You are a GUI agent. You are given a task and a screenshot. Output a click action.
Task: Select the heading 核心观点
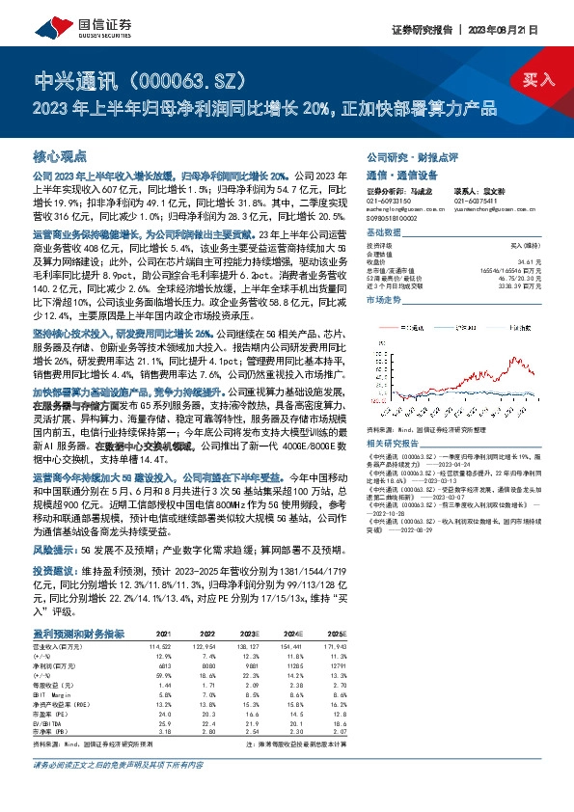(x=60, y=155)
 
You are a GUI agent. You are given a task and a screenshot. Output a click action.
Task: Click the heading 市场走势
(x=383, y=301)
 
